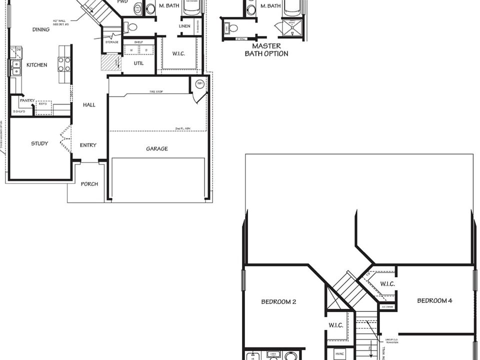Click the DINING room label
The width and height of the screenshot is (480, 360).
pyautogui.click(x=41, y=29)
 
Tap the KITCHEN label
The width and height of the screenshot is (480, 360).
pyautogui.click(x=36, y=64)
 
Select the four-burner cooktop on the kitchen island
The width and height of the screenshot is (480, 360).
pyautogui.click(x=64, y=64)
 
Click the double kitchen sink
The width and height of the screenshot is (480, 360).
pyautogui.click(x=16, y=67)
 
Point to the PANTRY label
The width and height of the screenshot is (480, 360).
pyautogui.click(x=27, y=100)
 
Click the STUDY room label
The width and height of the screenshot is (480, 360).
pyautogui.click(x=39, y=143)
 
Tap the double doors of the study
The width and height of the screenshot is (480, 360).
pyautogui.click(x=65, y=139)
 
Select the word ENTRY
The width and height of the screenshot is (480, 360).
pyautogui.click(x=88, y=145)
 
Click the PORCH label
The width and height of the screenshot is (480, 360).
pyautogui.click(x=89, y=184)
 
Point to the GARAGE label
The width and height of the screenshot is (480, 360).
pyautogui.click(x=157, y=149)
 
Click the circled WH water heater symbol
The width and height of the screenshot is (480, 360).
pyautogui.click(x=199, y=83)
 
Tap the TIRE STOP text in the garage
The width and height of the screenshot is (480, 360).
pyautogui.click(x=156, y=92)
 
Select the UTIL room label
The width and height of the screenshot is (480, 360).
pyautogui.click(x=138, y=63)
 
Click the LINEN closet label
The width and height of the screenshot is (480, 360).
pyautogui.click(x=184, y=26)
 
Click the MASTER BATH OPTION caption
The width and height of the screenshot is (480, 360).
pyautogui.click(x=266, y=50)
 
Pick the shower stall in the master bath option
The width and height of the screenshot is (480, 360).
pyautogui.click(x=292, y=28)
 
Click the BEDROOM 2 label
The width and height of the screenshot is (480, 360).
pyautogui.click(x=279, y=301)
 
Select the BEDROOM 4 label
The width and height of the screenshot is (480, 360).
pyautogui.click(x=435, y=300)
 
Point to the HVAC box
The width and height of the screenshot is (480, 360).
pyautogui.click(x=339, y=353)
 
